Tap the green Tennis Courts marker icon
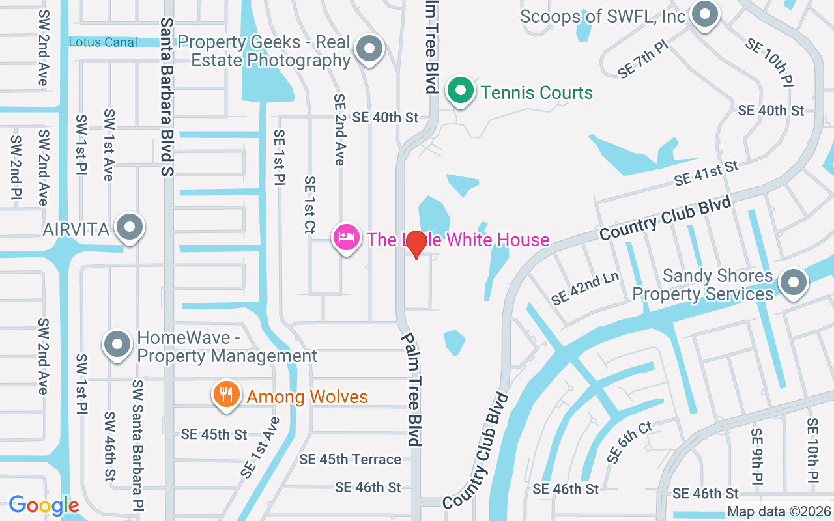pyautogui.click(x=461, y=91)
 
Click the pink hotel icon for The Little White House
pyautogui.click(x=347, y=238)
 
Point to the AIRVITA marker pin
pyautogui.click(x=130, y=227)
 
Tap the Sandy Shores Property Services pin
pyautogui.click(x=793, y=283)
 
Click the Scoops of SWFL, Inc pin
pyautogui.click(x=704, y=14)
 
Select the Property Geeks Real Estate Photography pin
pyautogui.click(x=370, y=48)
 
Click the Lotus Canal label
pyautogui.click(x=103, y=42)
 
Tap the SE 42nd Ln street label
pyautogui.click(x=584, y=288)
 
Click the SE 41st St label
pyautogui.click(x=706, y=173)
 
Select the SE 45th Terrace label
pyautogui.click(x=350, y=459)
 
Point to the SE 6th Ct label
pyautogui.click(x=629, y=442)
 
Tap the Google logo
pyautogui.click(x=44, y=505)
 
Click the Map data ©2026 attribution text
pyautogui.click(x=778, y=512)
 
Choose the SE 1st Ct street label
pyautogui.click(x=310, y=205)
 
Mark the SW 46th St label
pyautogui.click(x=109, y=446)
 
